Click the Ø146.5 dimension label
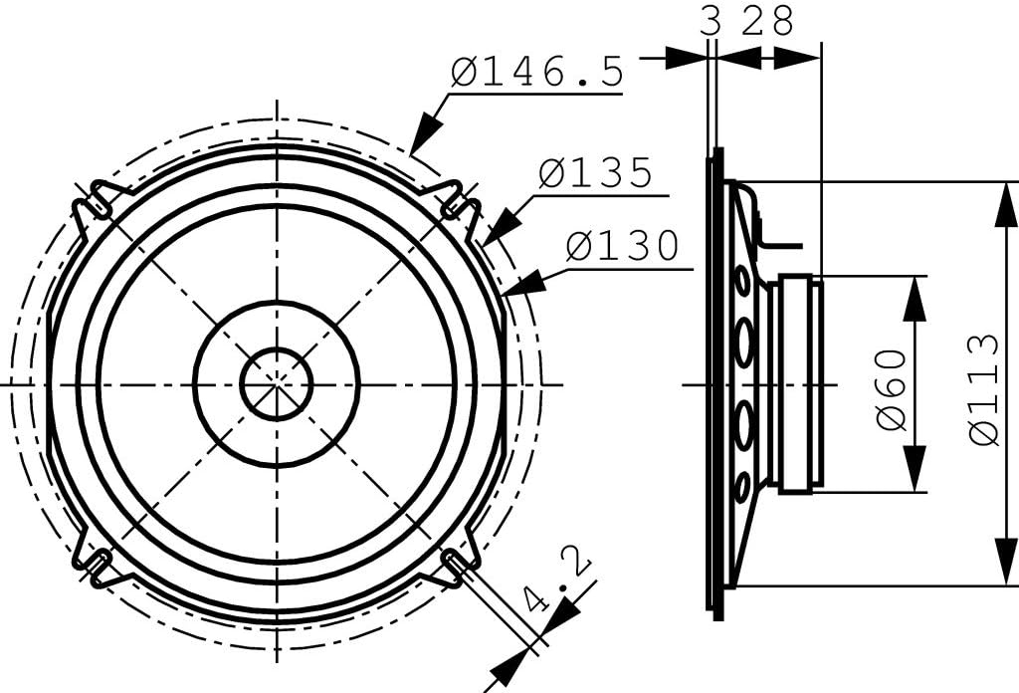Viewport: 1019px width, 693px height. [x=536, y=71]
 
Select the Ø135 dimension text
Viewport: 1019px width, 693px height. [x=595, y=172]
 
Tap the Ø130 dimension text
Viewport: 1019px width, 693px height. [x=622, y=246]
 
